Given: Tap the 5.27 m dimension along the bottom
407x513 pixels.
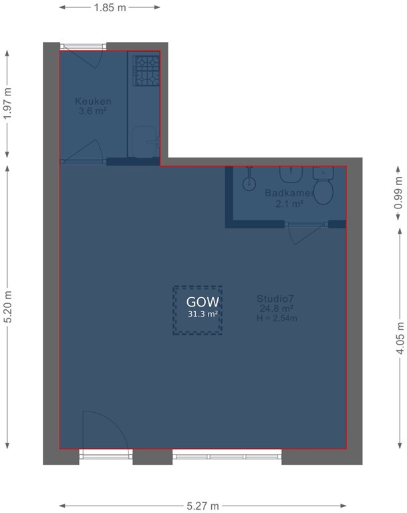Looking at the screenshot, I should point(204,506).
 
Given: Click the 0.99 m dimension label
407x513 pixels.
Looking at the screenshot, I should point(399,192).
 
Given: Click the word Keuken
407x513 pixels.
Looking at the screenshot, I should point(93,102).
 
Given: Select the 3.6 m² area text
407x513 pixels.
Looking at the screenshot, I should point(93,111).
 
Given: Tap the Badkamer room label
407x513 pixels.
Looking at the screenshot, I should point(285,193).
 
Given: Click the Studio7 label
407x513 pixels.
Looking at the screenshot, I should point(276,299).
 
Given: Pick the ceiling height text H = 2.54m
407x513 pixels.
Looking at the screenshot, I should point(276,318).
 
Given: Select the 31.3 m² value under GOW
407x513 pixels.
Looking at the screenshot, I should point(198,313).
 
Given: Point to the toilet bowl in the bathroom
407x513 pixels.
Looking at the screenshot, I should point(324,190).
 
